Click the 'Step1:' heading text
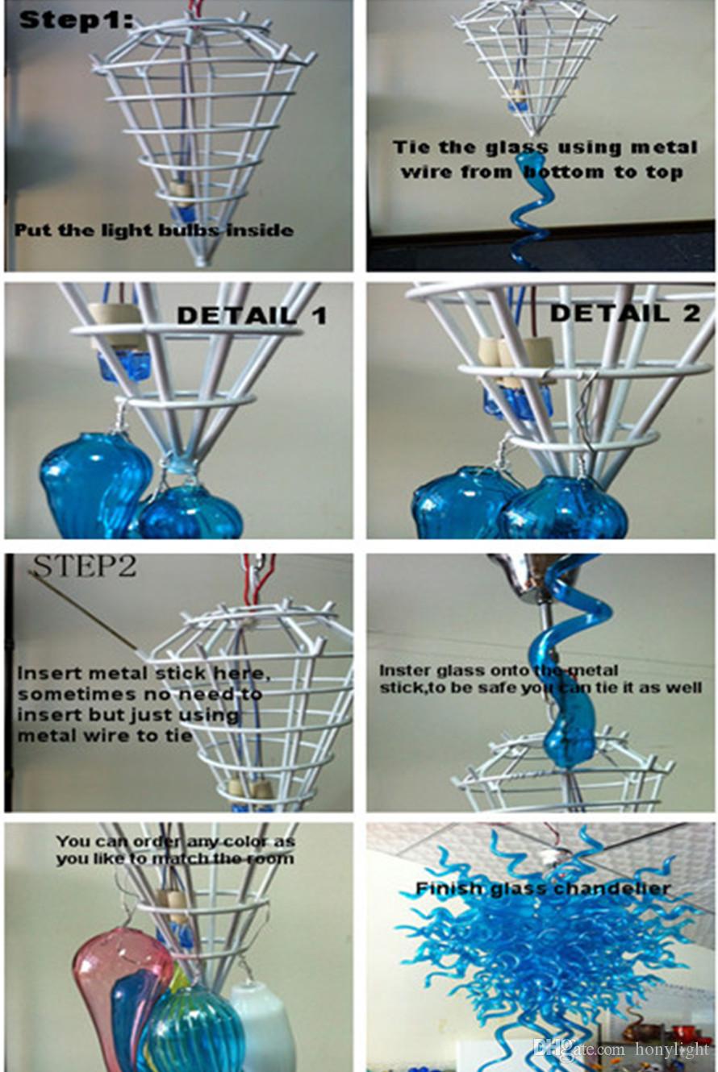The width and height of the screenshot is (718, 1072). pos(75,21)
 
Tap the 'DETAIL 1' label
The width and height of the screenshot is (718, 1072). pos(253,316)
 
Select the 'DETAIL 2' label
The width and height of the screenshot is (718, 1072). pos(625,313)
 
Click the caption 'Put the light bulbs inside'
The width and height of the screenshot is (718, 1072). pos(154,231)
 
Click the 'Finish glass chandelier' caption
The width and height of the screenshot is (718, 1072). pos(542,889)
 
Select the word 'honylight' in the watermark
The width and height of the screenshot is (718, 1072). pos(671,1049)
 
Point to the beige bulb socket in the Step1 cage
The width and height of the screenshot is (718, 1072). pos(178,189)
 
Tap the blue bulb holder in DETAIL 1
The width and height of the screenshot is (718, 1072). pos(124,366)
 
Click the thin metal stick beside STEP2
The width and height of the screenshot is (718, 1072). pos(84,609)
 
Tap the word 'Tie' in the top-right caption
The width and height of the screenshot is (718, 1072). pos(411,147)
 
